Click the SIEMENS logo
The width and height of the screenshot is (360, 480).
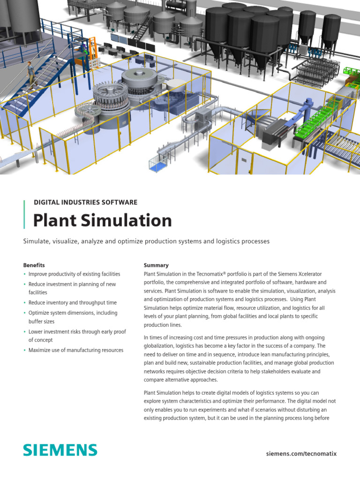point(60,450)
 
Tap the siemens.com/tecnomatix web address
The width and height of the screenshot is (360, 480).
point(301,454)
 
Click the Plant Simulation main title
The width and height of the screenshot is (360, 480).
point(102,220)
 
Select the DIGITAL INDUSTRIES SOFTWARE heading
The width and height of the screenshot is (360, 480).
point(85,202)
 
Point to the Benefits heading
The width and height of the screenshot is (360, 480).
point(34,265)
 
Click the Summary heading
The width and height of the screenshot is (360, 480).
point(156,265)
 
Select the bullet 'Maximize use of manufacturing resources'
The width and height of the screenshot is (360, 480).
point(76,350)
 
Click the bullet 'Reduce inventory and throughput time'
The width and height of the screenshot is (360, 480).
point(73,303)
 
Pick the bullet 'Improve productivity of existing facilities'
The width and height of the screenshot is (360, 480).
point(74,274)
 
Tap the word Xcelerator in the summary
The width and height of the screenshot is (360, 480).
point(307,274)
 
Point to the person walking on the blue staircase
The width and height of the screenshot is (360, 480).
point(31,72)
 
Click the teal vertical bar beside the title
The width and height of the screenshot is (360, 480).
point(24,214)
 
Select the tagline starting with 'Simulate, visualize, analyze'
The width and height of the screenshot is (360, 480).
point(146,241)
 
